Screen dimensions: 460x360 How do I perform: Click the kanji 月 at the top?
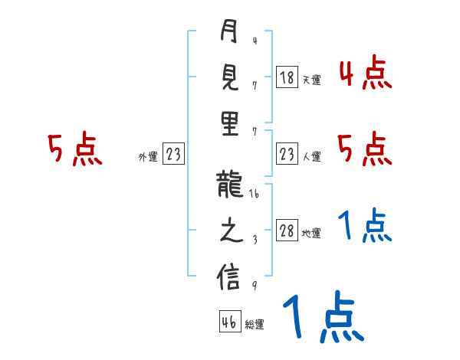(x=229, y=33)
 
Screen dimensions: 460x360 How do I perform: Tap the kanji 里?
(x=229, y=125)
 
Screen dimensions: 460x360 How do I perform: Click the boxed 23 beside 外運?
(x=173, y=155)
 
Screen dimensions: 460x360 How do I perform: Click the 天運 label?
(x=311, y=80)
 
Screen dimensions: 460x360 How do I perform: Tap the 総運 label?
(x=255, y=324)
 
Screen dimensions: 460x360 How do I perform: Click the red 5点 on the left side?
(x=74, y=149)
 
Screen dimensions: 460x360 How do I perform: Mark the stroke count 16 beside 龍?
(x=255, y=196)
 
